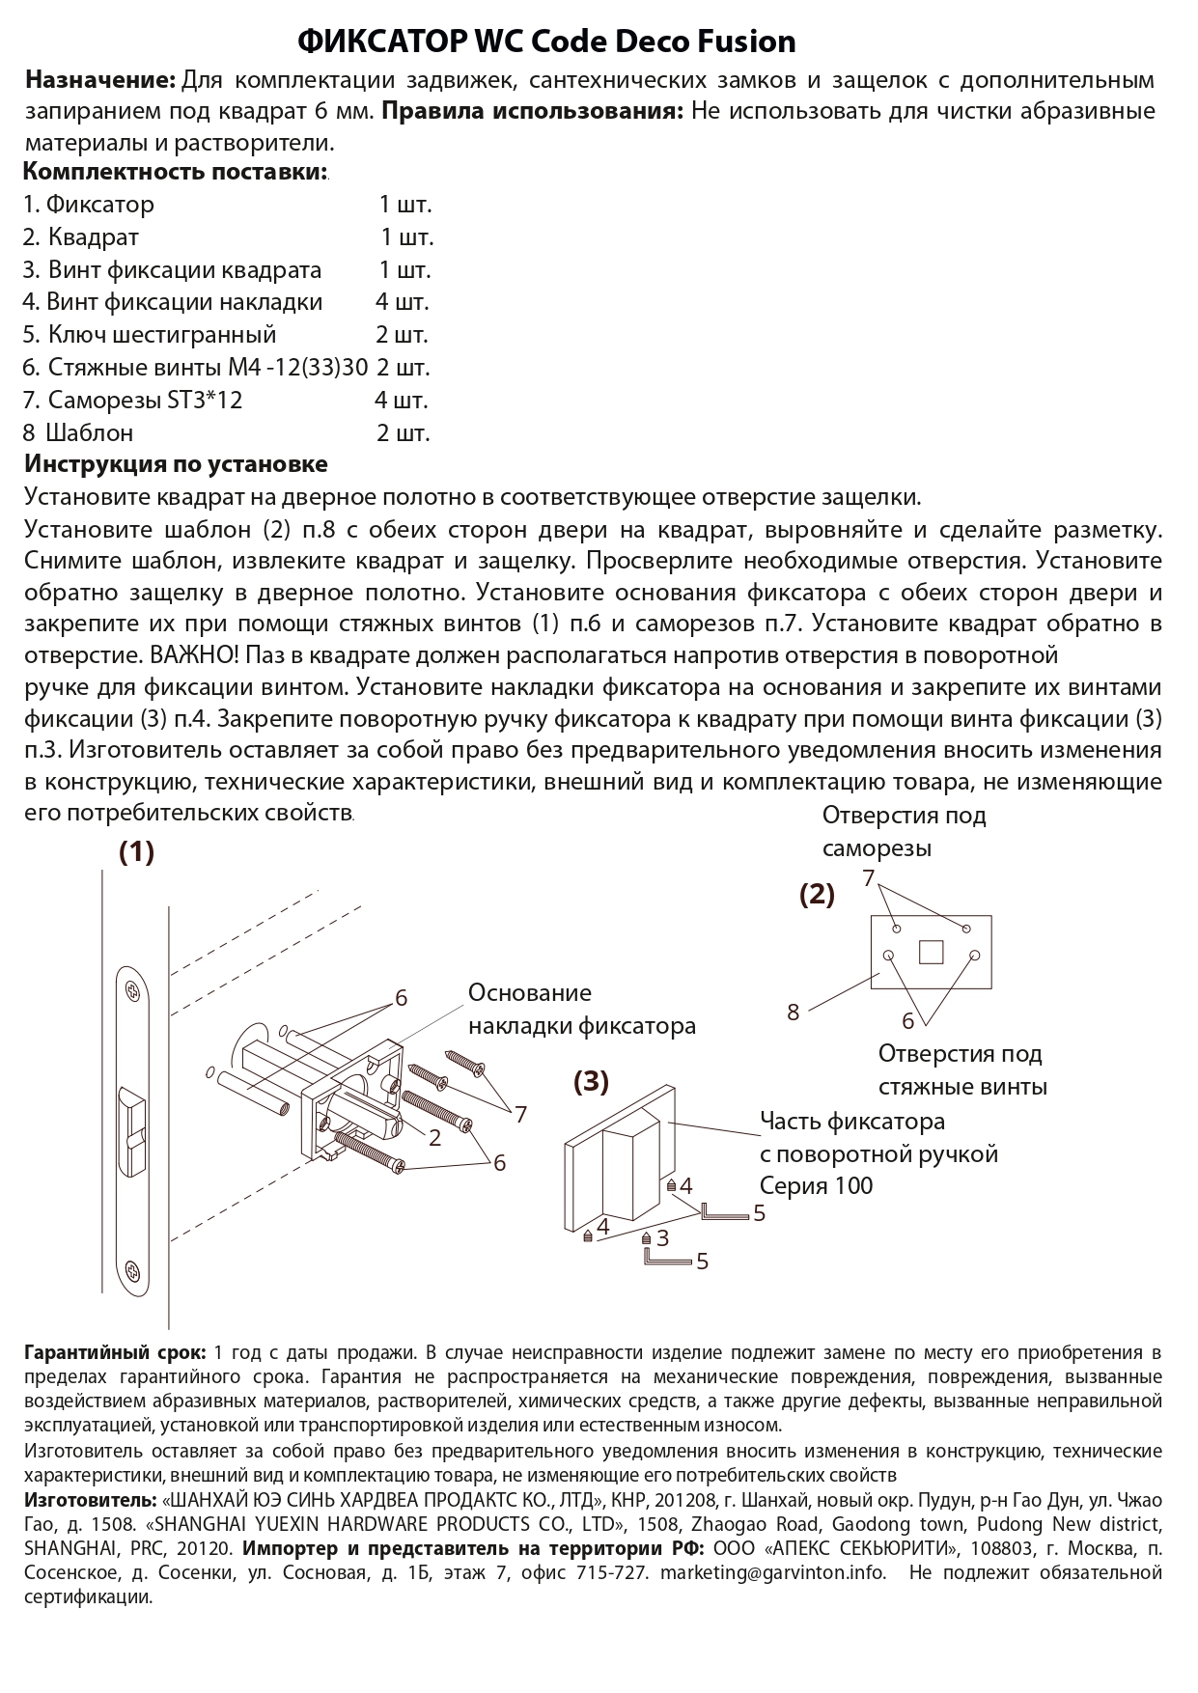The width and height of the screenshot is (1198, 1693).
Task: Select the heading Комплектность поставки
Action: coord(175,173)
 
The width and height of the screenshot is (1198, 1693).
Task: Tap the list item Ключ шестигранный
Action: coord(162,334)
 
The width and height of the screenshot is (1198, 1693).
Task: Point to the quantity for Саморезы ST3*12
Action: coord(402,400)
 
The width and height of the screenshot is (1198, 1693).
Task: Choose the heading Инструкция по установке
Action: coord(176,464)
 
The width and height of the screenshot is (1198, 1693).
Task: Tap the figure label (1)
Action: coord(136,852)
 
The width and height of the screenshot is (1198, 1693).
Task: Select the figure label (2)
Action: coord(817,895)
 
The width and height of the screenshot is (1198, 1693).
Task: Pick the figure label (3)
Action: coord(591,1082)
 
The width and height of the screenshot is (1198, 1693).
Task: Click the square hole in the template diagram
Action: coord(931,953)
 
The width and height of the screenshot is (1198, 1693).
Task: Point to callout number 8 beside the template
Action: coord(794,1013)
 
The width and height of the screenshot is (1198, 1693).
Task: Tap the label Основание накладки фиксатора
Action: coord(581,1010)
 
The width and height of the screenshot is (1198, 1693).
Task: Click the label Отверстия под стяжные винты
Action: coord(961,1069)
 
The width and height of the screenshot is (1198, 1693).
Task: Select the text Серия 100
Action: coord(816,1186)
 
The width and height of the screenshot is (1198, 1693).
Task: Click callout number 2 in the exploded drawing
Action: coord(434,1138)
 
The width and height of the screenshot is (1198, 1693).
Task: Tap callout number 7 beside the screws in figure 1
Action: coord(520,1115)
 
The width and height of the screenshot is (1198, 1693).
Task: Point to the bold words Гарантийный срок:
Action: coord(114,1352)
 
